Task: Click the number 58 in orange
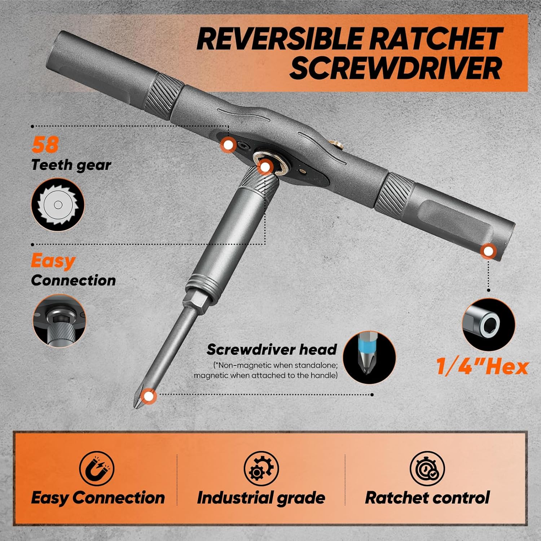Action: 45,145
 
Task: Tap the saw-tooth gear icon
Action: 58,204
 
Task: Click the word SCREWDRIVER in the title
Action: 395,68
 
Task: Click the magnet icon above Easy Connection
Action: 97,468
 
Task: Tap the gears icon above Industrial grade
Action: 261,468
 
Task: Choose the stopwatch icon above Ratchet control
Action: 427,468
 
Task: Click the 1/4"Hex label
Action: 482,366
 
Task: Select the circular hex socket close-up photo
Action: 489,325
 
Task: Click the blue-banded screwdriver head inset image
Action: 369,357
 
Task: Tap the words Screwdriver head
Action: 272,349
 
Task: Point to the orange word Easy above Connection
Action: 53,260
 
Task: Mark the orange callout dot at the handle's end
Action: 489,251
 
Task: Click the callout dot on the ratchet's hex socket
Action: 265,167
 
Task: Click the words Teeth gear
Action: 71,165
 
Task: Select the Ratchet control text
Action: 427,498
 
